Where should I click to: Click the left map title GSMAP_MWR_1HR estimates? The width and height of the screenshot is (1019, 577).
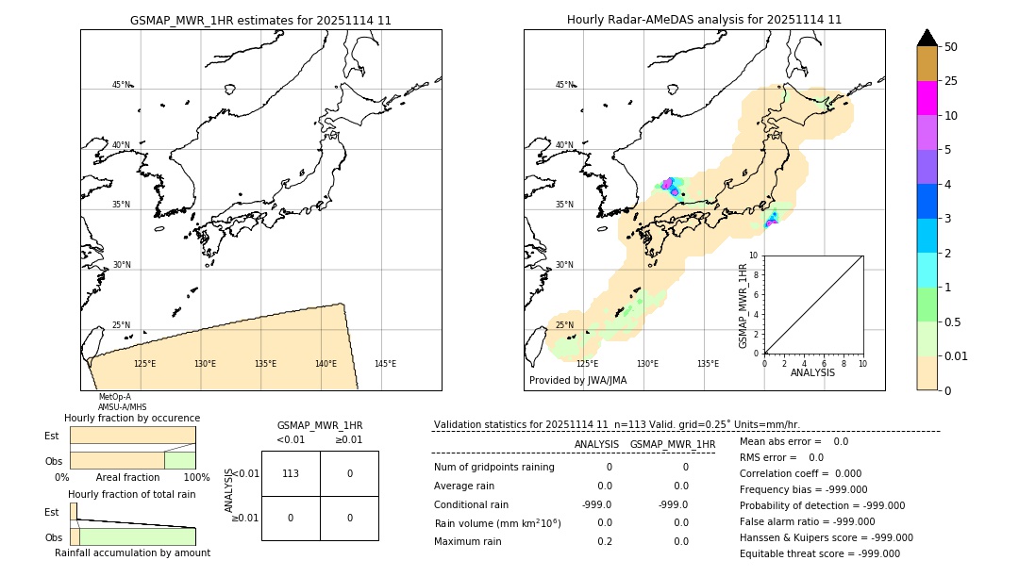260,20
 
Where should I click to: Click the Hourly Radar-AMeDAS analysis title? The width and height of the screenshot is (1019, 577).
704,20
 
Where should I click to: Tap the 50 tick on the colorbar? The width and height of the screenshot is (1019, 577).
951,47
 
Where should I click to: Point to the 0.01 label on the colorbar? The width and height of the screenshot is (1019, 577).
957,355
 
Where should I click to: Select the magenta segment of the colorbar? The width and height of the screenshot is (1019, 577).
927,98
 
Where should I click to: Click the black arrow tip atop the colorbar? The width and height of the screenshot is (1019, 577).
927,37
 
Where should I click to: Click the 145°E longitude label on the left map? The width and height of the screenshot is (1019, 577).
385,364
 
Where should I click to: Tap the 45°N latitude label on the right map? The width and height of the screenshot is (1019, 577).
564,85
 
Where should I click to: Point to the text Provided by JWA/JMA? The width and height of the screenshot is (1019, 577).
577,380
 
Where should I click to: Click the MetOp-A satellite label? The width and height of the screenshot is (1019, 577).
115,397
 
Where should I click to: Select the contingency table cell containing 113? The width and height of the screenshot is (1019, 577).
291,473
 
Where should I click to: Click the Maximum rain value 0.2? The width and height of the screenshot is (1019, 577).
604,541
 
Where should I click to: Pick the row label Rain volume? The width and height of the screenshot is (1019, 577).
497,523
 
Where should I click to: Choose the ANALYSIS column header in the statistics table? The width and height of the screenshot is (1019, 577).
596,444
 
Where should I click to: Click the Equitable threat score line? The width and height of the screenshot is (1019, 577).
819,553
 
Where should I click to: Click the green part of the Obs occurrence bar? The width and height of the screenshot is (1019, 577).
179,460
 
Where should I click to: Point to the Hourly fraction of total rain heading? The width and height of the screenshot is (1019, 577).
132,494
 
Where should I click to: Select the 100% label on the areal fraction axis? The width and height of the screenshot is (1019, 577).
196,478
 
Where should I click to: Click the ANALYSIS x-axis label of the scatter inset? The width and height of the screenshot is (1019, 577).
812,372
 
